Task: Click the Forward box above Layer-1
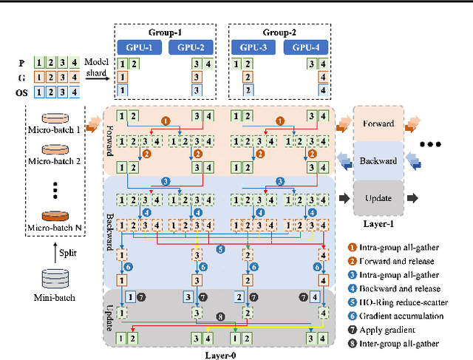378,125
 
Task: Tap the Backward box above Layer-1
378,160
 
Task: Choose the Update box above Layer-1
378,197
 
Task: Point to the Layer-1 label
378,221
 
